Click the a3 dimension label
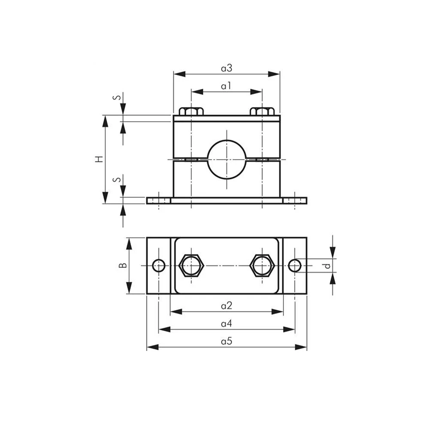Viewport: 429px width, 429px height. (227, 68)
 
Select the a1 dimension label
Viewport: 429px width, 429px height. (226, 86)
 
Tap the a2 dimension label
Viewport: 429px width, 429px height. (227, 305)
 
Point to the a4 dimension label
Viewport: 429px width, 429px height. (227, 323)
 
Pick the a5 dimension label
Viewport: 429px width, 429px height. (227, 341)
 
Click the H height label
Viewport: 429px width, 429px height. (99, 159)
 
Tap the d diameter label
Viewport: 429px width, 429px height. (327, 266)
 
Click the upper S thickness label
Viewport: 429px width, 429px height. (117, 97)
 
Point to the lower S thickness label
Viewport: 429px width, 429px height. (117, 179)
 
